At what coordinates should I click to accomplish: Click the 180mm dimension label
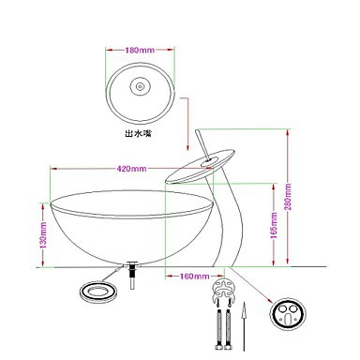[x=140, y=50]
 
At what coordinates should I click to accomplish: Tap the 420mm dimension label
[x=131, y=169]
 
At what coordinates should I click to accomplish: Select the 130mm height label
[x=43, y=235]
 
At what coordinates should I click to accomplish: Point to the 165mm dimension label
[x=274, y=225]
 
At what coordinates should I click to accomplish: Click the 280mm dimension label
[x=288, y=197]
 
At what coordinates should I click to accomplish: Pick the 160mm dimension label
[x=194, y=277]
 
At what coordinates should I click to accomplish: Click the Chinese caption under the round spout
[x=138, y=134]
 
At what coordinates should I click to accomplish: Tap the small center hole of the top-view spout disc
[x=140, y=84]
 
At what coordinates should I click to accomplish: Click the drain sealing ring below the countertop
[x=98, y=293]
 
